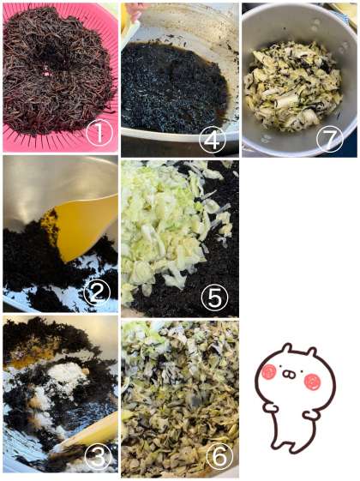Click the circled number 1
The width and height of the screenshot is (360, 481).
click(99, 133)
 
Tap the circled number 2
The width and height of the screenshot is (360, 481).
click(97, 292)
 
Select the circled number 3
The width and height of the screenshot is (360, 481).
click(98, 456)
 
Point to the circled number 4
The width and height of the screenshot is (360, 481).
click(213, 141)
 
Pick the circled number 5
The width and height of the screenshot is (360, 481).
click(214, 297)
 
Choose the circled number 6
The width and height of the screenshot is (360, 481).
click(219, 455)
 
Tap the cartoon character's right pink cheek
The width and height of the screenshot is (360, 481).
click(313, 382)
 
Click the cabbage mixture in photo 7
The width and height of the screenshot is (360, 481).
click(293, 87)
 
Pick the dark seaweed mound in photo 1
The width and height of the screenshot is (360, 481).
click(58, 69)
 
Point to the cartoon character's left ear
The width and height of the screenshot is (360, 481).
click(287, 350)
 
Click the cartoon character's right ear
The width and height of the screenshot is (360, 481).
click(310, 353)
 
